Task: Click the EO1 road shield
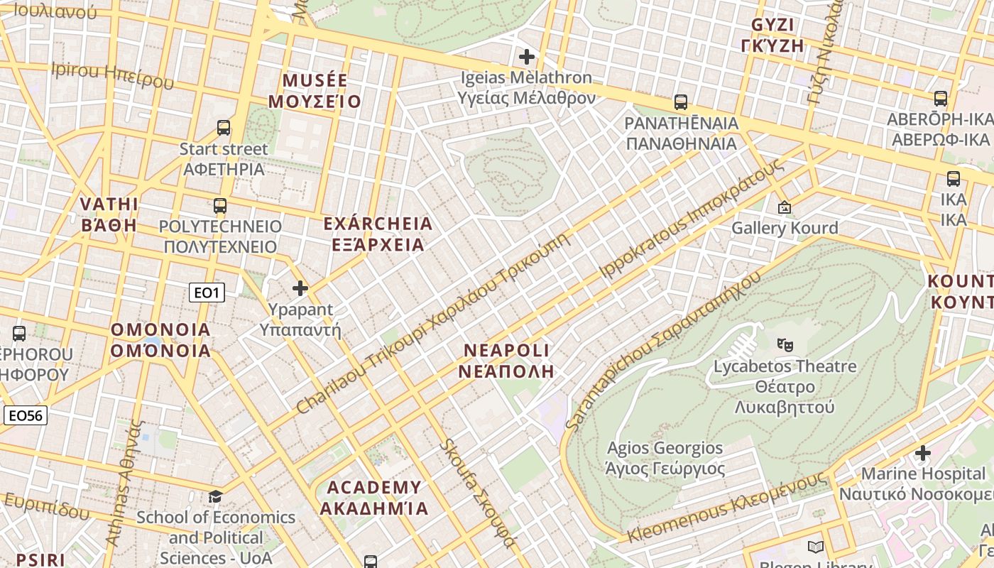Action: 207,293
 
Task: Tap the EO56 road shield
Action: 26,415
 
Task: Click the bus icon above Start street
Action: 224,128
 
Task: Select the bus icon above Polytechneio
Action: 220,206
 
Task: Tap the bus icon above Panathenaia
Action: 681,102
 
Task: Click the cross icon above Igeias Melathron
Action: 527,56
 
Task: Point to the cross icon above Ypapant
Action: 300,288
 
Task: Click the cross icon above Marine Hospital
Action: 922,452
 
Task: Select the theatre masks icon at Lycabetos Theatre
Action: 785,345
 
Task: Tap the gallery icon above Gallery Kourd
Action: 785,207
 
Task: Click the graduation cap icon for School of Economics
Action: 215,496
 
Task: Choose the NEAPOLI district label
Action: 506,361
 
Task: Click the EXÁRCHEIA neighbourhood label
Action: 377,234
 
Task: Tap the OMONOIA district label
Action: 160,340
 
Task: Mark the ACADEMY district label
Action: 374,498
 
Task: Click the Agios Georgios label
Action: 665,458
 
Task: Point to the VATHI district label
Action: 109,214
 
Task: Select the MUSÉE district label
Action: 315,91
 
